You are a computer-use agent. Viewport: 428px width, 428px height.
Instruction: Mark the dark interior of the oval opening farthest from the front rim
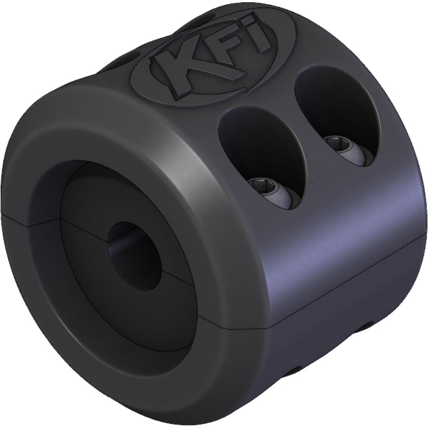(326, 104)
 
